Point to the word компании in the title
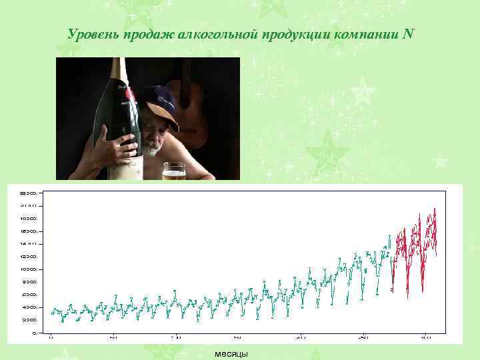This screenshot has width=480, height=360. [365, 34]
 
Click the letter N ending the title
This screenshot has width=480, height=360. [408, 34]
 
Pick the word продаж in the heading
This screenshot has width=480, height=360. [149, 34]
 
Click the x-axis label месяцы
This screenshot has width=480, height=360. [231, 353]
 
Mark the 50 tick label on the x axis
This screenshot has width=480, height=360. [113, 338]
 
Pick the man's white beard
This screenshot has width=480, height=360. [152, 150]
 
